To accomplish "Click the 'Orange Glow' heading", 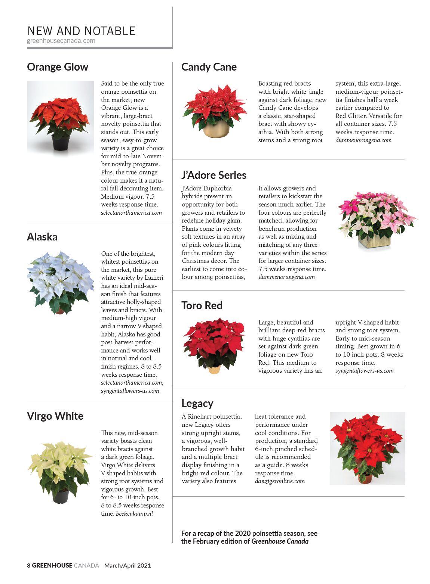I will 58,67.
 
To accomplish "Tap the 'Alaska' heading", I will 42,237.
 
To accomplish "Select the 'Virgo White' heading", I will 55,416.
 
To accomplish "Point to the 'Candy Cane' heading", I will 209,67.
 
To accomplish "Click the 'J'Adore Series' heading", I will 214,175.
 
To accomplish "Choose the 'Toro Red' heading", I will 202,305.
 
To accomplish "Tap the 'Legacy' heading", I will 197,403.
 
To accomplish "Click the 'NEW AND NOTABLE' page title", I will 81,31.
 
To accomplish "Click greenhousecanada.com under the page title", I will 61,41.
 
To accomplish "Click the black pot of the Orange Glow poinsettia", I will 61,142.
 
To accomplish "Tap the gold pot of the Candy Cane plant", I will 216,129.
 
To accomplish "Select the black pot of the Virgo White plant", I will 60,496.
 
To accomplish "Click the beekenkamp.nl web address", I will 134,513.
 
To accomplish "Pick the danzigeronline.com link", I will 280,481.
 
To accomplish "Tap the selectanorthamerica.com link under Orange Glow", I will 131,212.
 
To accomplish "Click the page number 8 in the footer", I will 28,565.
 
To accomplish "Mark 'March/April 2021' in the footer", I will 128,565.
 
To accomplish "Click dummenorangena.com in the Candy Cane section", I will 363,140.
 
